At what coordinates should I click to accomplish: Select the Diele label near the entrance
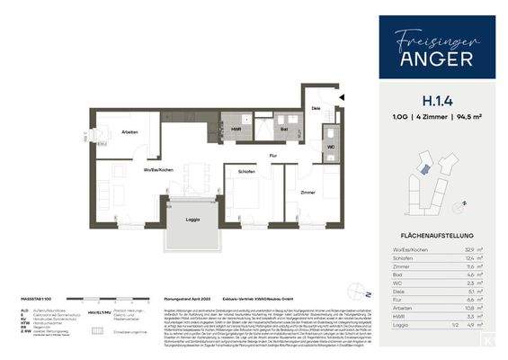[316, 107]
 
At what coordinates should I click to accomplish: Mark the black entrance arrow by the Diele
[342, 95]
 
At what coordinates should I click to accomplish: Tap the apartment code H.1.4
[424, 102]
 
